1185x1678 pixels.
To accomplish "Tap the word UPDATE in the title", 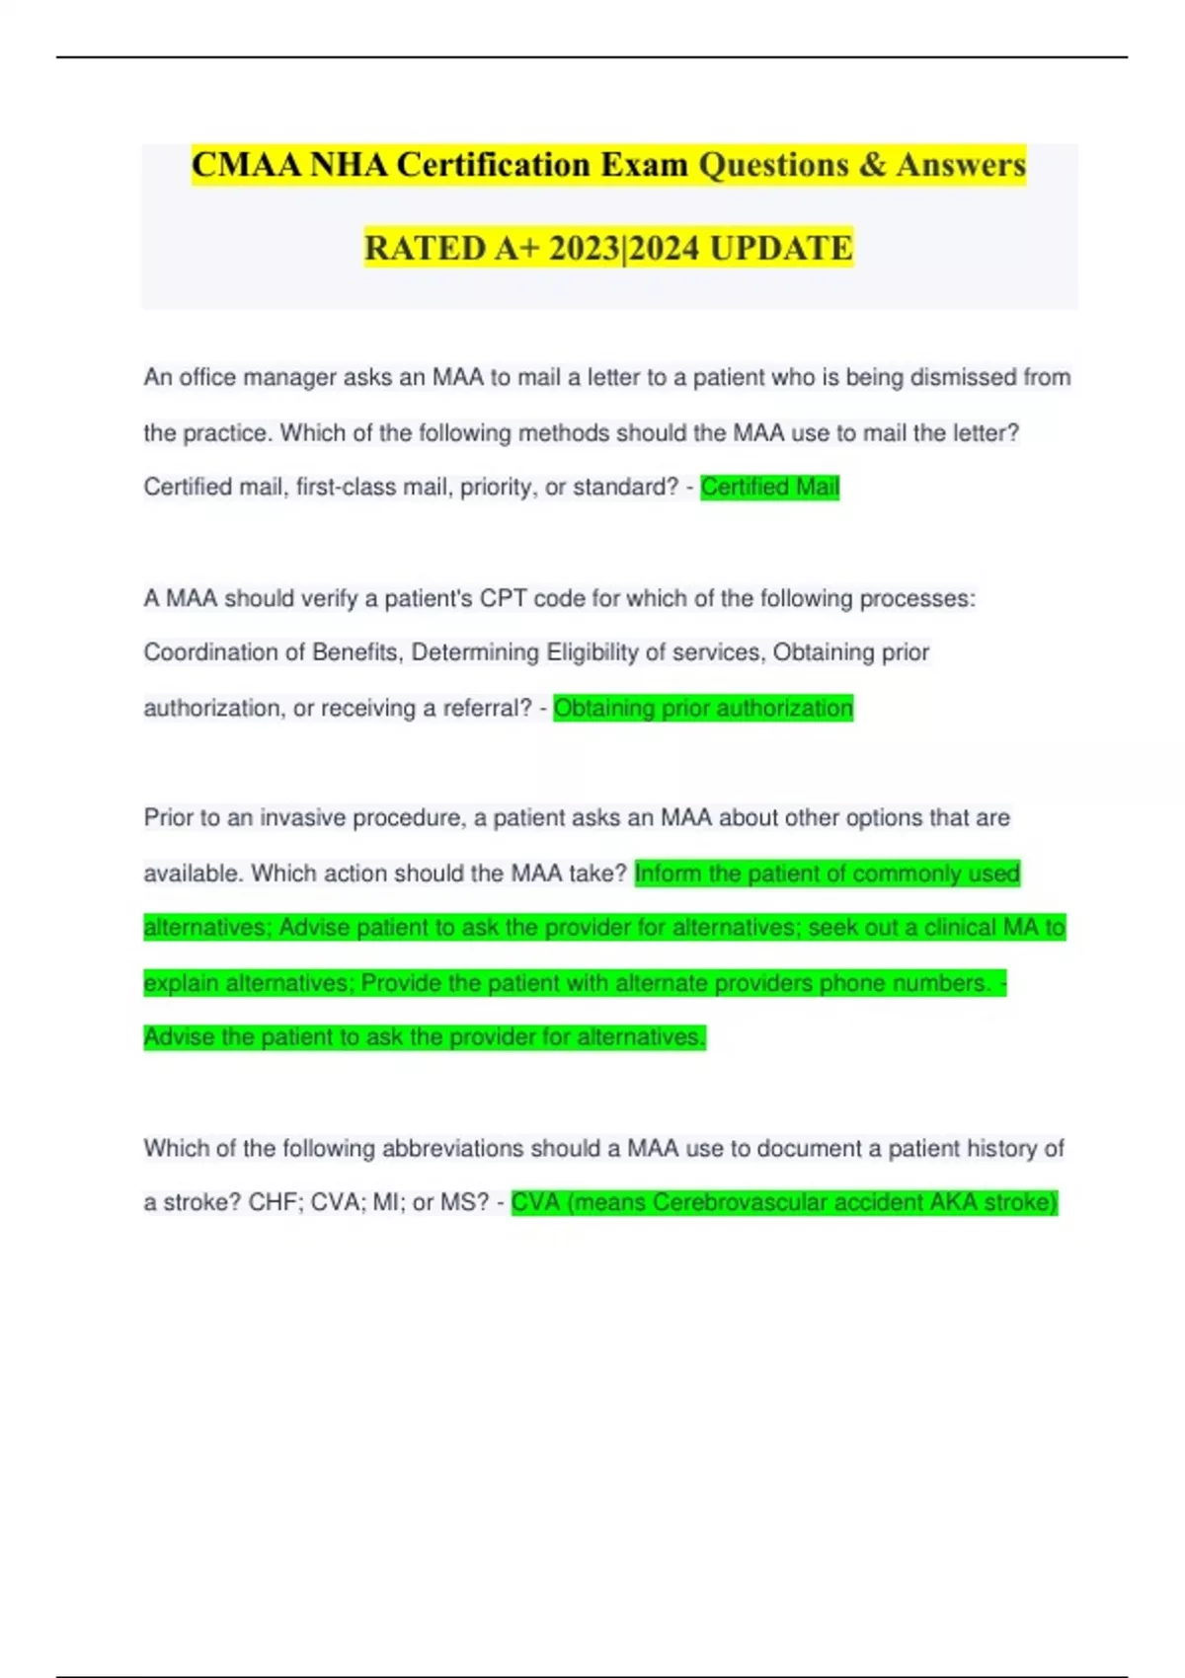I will tap(781, 248).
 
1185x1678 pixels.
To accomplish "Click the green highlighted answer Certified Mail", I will tap(769, 487).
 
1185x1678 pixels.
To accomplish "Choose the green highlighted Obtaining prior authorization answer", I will tap(702, 708).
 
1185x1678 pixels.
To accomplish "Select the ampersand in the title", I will tap(872, 165).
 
